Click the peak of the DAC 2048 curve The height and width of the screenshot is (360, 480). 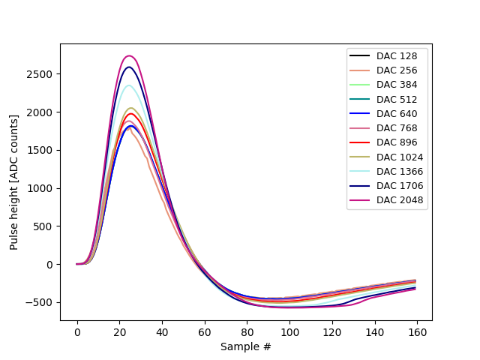(129, 55)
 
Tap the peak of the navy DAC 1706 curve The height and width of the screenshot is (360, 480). (129, 67)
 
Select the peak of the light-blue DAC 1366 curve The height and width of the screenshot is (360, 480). (129, 85)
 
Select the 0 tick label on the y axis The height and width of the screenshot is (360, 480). (52, 264)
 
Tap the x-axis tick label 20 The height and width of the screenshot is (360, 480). (119, 331)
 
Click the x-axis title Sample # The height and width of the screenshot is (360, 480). (246, 346)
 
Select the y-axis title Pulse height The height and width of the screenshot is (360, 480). (14, 182)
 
